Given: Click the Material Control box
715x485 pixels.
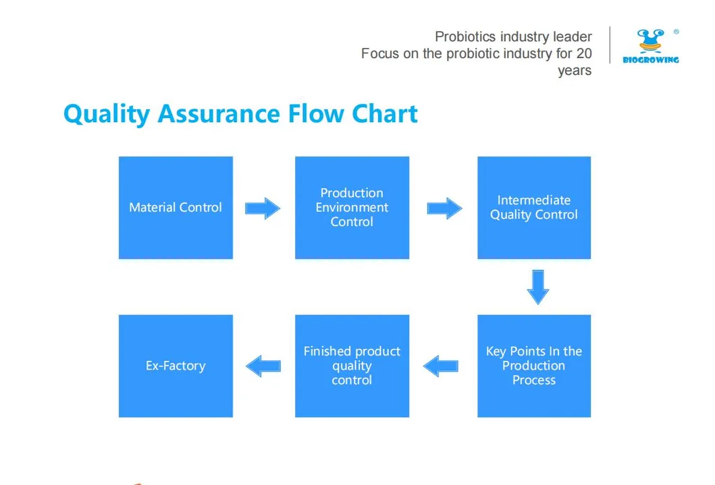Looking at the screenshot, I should [x=176, y=208].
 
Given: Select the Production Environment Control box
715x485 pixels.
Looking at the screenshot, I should [x=352, y=208].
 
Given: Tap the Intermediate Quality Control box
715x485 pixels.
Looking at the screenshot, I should [x=533, y=208].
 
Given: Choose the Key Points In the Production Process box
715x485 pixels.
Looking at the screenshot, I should [x=533, y=366].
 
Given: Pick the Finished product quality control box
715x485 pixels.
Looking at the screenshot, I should [x=352, y=366].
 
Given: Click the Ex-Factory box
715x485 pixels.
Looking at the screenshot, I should [x=176, y=366].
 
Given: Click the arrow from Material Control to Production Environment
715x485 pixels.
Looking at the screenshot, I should [x=262, y=208].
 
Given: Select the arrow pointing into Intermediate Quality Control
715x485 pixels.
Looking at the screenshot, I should [x=444, y=208].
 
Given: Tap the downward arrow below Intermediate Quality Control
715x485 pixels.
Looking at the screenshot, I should [x=537, y=287].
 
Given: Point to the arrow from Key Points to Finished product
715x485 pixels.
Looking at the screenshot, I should [x=441, y=366].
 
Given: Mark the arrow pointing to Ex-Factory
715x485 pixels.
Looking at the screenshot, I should [x=263, y=366].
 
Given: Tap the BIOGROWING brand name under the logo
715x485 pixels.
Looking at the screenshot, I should [x=651, y=60].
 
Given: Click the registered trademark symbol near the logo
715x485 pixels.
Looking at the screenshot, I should [x=676, y=32].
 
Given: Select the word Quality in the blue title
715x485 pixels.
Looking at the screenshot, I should [x=106, y=114].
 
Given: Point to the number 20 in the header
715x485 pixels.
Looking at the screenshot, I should [x=584, y=53].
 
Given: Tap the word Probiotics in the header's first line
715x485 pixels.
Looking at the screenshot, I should [x=465, y=36].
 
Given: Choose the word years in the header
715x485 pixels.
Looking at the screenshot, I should [x=575, y=71].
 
